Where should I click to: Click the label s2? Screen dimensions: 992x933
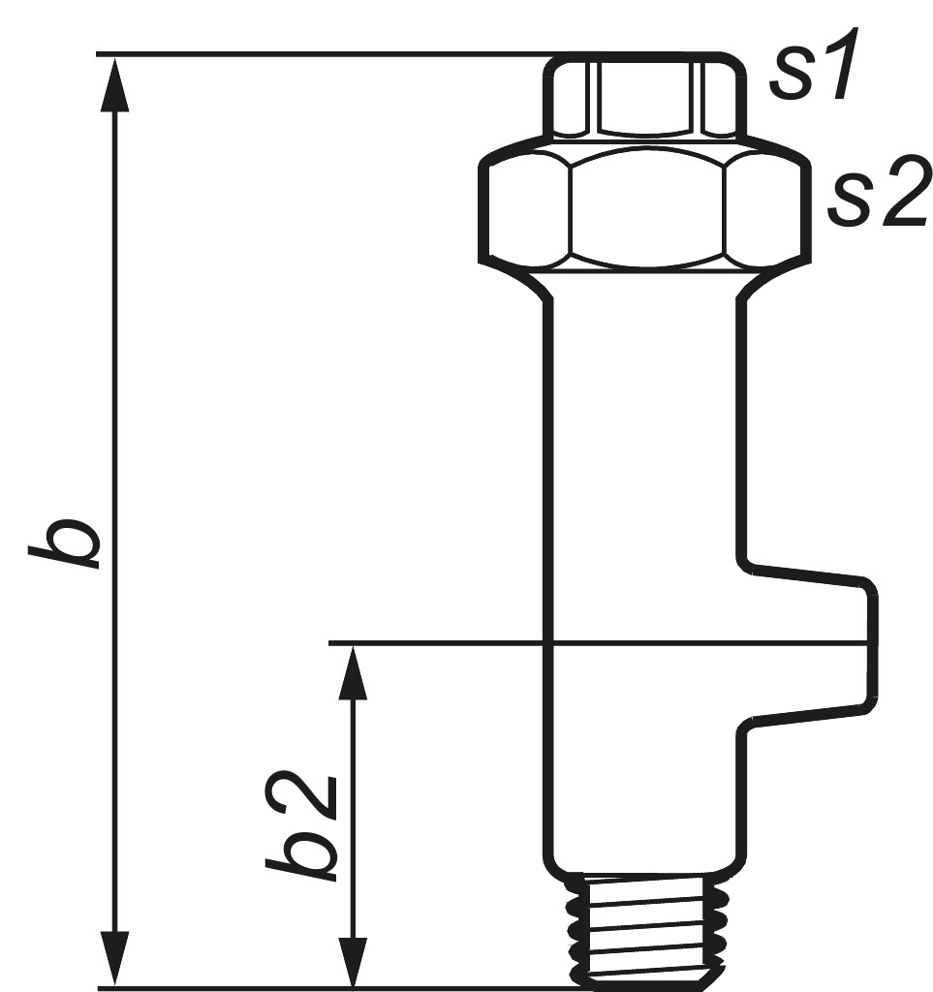tap(877, 197)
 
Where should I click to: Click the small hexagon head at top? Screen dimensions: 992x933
tap(644, 97)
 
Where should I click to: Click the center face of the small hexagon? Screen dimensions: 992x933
tap(645, 97)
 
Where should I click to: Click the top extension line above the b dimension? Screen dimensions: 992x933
tap(320, 55)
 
